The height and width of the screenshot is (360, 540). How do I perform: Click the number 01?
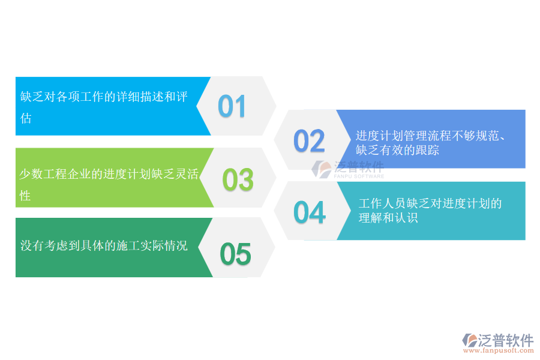click(232, 106)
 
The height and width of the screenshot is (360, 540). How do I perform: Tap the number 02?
click(309, 141)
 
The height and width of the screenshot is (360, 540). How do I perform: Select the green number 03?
click(238, 180)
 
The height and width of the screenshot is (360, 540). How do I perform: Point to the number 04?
click(310, 212)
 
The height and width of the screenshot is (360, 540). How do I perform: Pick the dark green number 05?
click(235, 254)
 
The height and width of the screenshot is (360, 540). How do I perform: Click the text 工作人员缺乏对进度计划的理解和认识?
click(430, 211)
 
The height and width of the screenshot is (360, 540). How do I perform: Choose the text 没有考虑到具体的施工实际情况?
click(104, 245)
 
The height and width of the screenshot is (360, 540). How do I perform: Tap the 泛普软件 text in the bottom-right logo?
click(506, 340)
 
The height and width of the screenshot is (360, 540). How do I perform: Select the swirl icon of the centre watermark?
click(323, 169)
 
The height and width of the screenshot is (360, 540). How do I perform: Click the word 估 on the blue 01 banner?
click(26, 118)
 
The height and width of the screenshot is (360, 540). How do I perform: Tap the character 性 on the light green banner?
click(25, 196)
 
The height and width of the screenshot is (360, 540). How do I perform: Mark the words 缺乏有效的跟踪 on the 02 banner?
click(397, 150)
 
